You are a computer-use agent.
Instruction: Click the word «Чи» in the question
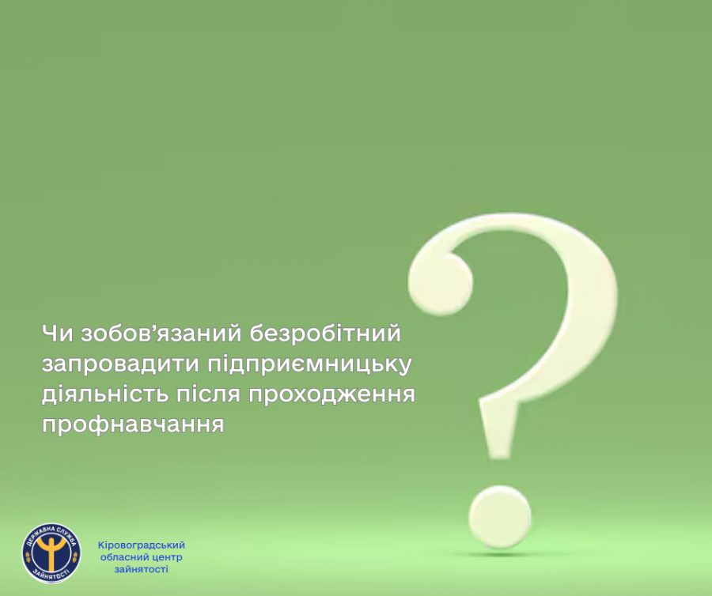pyautogui.click(x=57, y=334)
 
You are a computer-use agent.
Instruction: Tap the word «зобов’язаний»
pyautogui.click(x=161, y=334)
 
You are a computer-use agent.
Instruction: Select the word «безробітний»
pyautogui.click(x=325, y=334)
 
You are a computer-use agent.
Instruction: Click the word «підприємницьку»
pyautogui.click(x=309, y=364)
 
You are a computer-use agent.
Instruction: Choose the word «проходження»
pyautogui.click(x=331, y=394)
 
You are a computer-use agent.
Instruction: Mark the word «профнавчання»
pyautogui.click(x=133, y=424)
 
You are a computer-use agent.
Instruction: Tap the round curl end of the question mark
pyautogui.click(x=440, y=283)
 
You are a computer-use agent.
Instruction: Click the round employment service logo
pyautogui.click(x=51, y=553)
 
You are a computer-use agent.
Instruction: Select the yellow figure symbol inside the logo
pyautogui.click(x=51, y=552)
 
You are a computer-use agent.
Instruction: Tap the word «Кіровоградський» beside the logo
pyautogui.click(x=142, y=545)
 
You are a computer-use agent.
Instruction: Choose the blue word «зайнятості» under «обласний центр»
pyautogui.click(x=142, y=569)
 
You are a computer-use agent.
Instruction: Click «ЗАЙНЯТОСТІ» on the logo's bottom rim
pyautogui.click(x=51, y=575)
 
